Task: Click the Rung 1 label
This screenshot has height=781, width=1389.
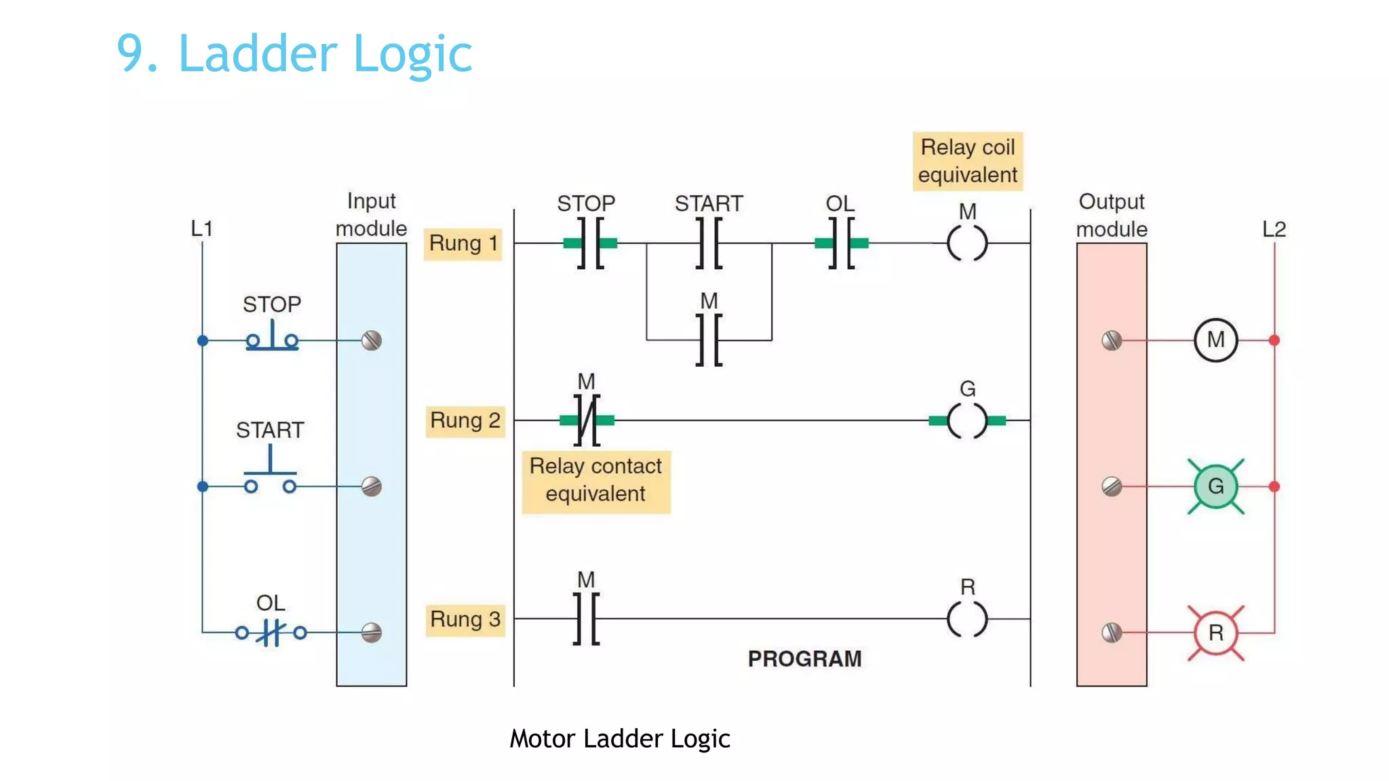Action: [x=463, y=243]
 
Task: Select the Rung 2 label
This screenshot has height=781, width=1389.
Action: [x=465, y=420]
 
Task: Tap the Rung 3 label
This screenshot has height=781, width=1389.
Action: [x=465, y=619]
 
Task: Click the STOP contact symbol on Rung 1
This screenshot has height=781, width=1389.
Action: [x=590, y=243]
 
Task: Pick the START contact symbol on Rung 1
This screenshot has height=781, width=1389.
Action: [x=709, y=243]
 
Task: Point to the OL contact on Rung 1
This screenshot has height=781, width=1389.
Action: [x=841, y=243]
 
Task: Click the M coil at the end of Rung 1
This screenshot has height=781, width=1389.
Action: [x=967, y=243]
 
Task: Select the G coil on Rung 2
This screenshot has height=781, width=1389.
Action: [x=967, y=420]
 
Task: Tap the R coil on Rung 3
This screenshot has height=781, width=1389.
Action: [x=967, y=619]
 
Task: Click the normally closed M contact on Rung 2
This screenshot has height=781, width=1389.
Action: [x=587, y=420]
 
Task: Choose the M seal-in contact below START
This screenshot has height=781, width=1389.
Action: [x=709, y=340]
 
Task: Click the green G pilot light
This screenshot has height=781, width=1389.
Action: [x=1215, y=486]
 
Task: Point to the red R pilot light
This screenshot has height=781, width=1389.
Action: [x=1215, y=633]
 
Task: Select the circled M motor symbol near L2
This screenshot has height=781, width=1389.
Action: [x=1215, y=340]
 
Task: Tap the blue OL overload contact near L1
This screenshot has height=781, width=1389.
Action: [x=271, y=633]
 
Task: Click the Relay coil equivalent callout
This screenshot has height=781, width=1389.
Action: [x=967, y=161]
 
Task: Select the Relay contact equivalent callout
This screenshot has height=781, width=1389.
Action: [x=595, y=480]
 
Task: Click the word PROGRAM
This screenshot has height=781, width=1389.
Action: [x=804, y=658]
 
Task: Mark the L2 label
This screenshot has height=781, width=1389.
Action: [x=1274, y=229]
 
